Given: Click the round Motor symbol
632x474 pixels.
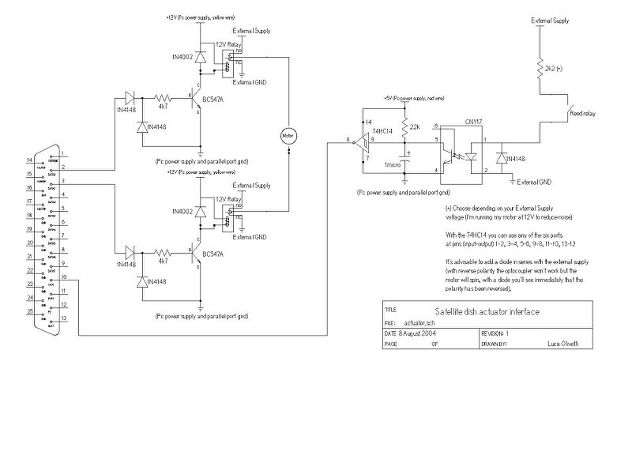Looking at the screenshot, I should click(286, 136).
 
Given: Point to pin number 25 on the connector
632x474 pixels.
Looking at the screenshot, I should click(31, 312).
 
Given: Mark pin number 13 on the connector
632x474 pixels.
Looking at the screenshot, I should click(63, 318).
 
